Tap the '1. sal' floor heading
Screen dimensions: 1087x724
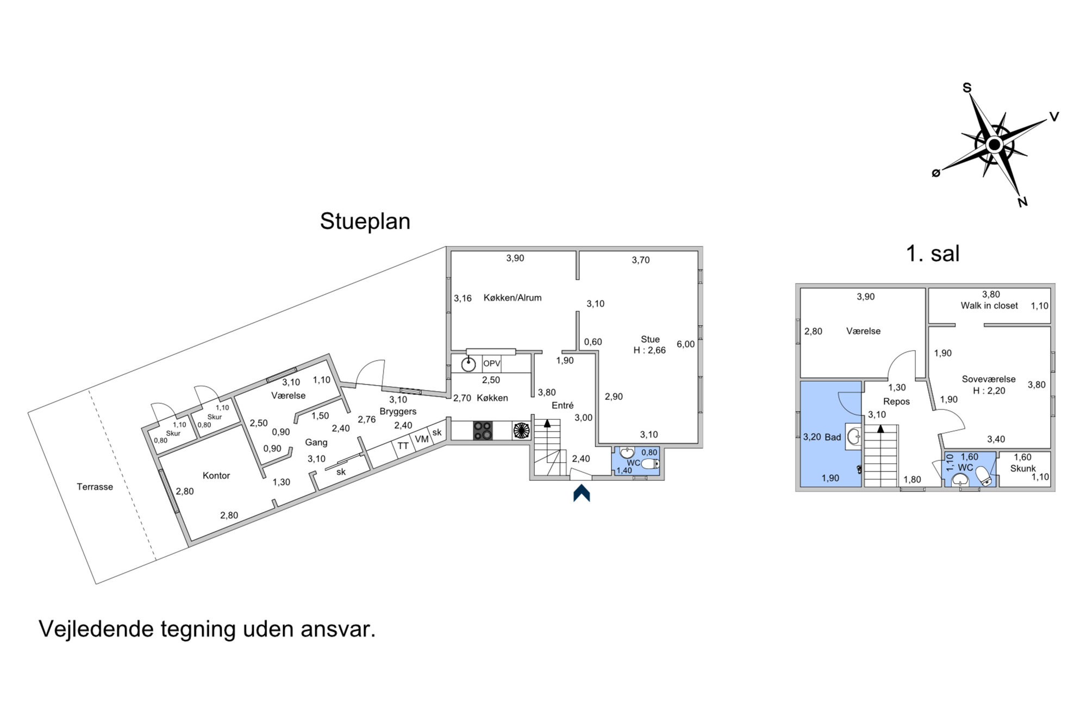pos(933,254)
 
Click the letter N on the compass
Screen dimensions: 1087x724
pos(1022,202)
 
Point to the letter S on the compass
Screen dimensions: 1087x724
pos(967,87)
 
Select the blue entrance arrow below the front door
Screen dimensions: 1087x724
pos(582,493)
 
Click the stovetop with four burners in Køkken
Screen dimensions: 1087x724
pos(483,431)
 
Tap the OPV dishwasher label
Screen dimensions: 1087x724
pos(492,363)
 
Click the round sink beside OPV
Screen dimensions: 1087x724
pos(468,364)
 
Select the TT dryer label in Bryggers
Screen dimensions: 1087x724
pos(403,446)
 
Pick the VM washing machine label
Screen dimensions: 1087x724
pos(422,439)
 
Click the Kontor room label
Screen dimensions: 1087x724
pos(216,476)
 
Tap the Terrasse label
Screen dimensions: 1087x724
pos(95,487)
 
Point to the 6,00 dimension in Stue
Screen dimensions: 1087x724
pos(686,344)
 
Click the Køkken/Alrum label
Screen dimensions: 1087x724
pos(513,298)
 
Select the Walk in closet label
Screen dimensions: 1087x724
pos(989,306)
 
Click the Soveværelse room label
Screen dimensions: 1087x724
pos(989,380)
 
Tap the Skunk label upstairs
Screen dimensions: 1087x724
pos(1023,468)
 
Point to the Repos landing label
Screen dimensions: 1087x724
pos(896,402)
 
